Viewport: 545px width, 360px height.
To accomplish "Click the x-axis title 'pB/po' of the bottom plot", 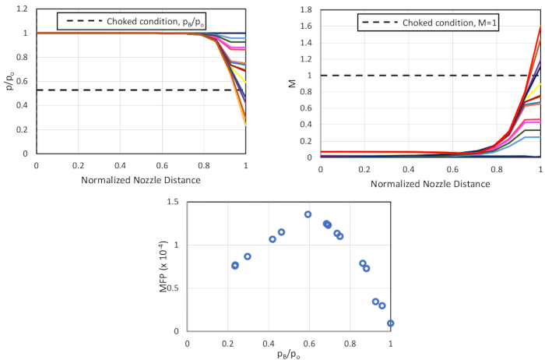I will (288, 355).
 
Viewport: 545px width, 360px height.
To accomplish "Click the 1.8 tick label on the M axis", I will (307, 10).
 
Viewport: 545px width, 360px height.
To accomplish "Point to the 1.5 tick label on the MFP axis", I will (173, 202).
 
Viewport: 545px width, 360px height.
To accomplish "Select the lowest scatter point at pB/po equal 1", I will (390, 323).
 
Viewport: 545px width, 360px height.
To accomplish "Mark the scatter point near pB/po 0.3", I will (248, 256).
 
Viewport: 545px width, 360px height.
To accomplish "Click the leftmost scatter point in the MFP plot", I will (235, 266).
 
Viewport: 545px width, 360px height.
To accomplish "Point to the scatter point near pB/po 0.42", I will (272, 239).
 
